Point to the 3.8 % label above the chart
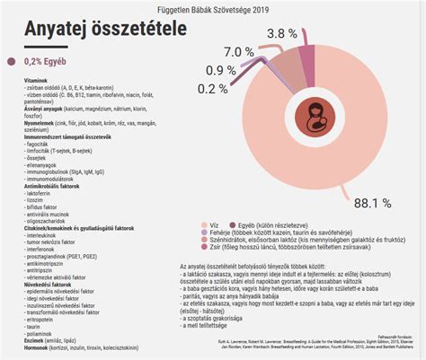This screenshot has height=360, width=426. (281, 33)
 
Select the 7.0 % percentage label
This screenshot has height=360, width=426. (238, 51)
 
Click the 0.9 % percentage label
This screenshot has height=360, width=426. (220, 70)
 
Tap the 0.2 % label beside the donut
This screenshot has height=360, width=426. (212, 88)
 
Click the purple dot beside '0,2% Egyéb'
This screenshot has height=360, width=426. (12, 62)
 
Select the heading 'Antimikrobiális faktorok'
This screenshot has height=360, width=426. (41, 185)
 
